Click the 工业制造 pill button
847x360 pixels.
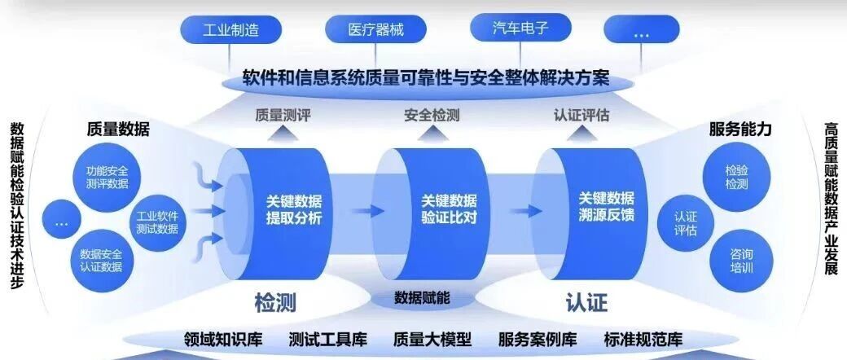click(230, 31)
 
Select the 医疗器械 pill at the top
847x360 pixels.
click(375, 31)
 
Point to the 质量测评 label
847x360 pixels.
click(283, 115)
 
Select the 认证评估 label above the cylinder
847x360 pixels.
click(581, 115)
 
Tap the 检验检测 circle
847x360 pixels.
click(735, 178)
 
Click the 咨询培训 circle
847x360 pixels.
click(735, 260)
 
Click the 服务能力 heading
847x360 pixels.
click(739, 129)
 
